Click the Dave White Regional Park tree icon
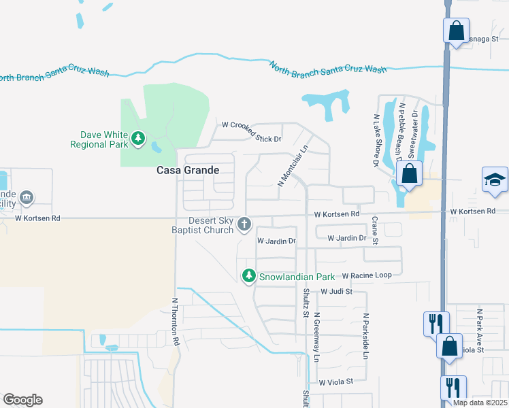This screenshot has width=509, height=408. coord(138,139)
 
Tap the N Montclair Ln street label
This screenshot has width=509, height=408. coord(293,168)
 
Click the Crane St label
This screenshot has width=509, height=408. coord(375,231)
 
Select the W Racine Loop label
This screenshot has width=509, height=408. coord(367,275)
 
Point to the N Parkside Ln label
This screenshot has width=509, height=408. coord(365,337)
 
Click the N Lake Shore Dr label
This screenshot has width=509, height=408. coord(376,141)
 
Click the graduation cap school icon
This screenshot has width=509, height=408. coord(495,180)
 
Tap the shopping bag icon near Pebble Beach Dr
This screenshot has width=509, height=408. coord(409,173)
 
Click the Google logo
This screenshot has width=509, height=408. coord(22,400)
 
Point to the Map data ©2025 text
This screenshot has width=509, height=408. coord(480,403)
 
